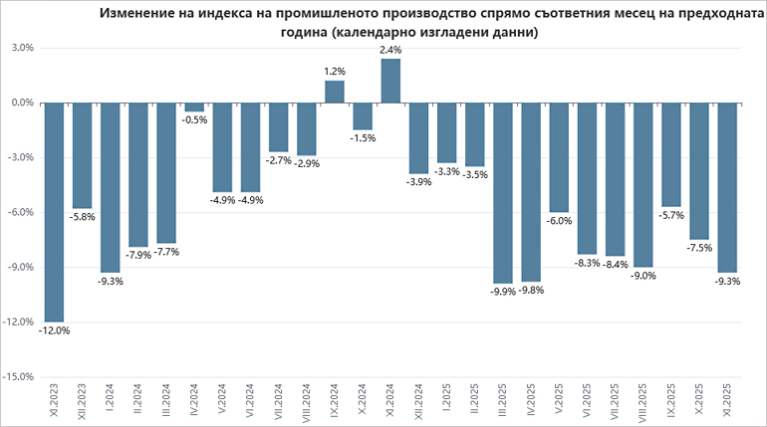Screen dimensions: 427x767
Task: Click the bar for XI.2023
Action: [x=54, y=211]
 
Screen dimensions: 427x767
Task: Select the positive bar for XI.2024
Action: [x=390, y=81]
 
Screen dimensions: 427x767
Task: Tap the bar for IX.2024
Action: [x=335, y=92]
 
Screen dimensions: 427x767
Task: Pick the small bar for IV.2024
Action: [x=194, y=107]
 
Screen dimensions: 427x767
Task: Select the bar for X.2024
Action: [x=363, y=115]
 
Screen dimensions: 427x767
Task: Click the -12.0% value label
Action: [x=54, y=330]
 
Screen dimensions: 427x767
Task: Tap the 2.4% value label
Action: [x=390, y=50]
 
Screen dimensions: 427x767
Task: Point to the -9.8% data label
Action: [x=532, y=291]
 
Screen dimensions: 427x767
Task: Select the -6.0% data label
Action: [x=560, y=221]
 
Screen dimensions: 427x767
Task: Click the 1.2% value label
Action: [x=335, y=72]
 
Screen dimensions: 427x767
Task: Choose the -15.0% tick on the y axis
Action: [x=21, y=377]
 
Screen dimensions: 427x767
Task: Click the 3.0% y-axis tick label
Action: [x=23, y=48]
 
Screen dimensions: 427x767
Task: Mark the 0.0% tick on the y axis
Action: [x=23, y=103]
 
